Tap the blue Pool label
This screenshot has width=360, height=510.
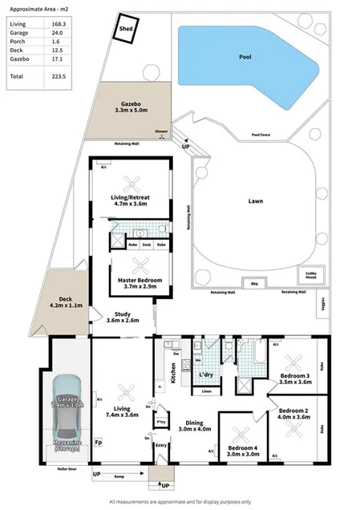(246, 58)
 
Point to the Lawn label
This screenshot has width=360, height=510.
(256, 204)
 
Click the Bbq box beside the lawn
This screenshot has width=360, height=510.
(256, 283)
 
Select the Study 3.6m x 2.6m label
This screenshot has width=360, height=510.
(123, 317)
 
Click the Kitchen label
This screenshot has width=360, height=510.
(172, 374)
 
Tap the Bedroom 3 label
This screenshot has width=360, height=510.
(294, 379)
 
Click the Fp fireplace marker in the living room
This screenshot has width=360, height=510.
(99, 442)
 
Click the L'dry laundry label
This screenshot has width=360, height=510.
(206, 374)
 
